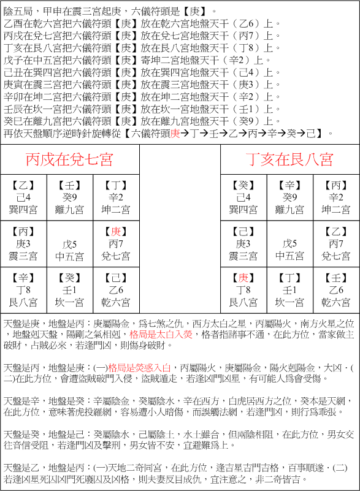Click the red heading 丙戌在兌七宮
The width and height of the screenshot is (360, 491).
coord(69,160)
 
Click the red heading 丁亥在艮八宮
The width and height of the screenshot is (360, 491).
coord(289,160)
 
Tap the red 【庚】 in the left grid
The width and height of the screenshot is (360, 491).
coord(115,232)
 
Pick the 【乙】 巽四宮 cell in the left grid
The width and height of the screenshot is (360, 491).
coord(23,197)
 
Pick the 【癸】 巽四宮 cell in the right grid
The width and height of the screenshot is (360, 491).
coord(244,197)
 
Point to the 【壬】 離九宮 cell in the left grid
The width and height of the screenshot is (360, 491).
coord(69,197)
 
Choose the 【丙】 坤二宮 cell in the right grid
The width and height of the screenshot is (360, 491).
coord(336,197)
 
